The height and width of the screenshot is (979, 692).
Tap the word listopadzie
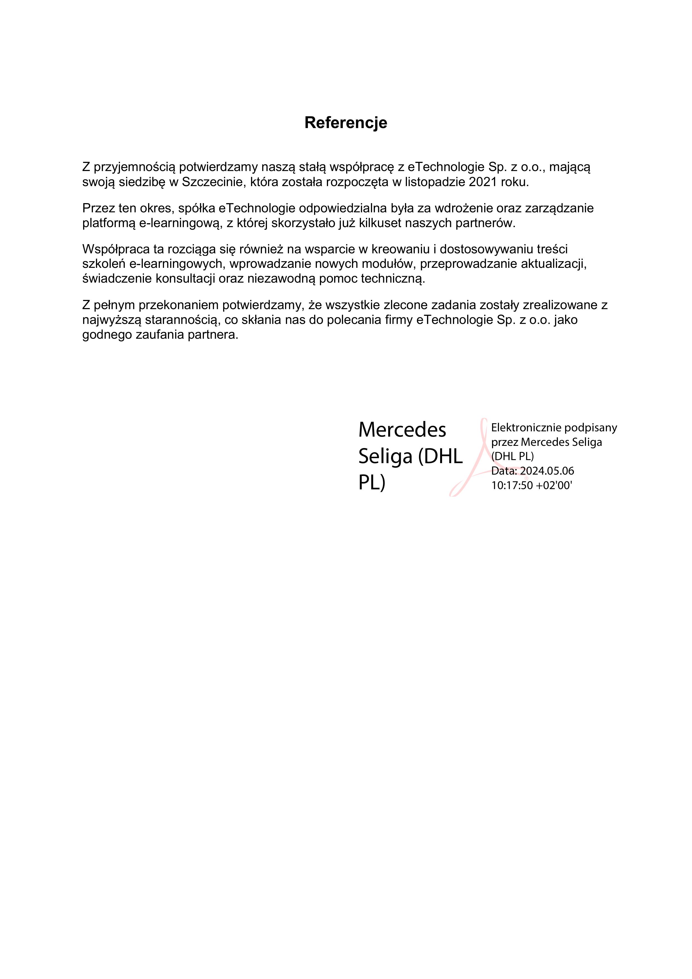[x=434, y=182]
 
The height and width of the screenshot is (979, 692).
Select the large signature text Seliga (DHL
[x=410, y=457]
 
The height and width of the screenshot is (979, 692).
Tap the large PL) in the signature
[x=371, y=483]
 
